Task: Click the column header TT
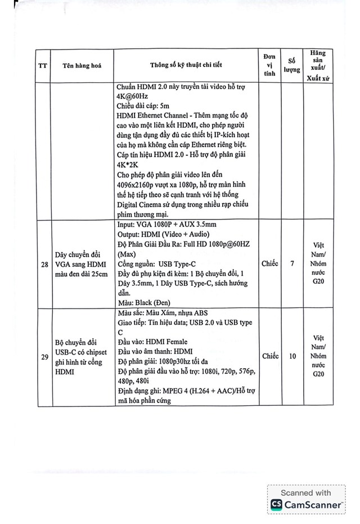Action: pyautogui.click(x=43, y=65)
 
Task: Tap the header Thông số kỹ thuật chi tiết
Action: pyautogui.click(x=186, y=65)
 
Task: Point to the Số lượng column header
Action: pyautogui.click(x=292, y=65)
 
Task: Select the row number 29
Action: pyautogui.click(x=43, y=356)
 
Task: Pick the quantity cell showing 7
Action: pyautogui.click(x=292, y=263)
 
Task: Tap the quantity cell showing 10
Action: pyautogui.click(x=292, y=356)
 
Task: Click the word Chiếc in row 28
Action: pyautogui.click(x=269, y=263)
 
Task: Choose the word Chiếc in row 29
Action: pyautogui.click(x=269, y=356)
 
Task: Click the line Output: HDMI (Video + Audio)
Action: pyautogui.click(x=163, y=234)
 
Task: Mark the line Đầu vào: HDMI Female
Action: pyautogui.click(x=152, y=342)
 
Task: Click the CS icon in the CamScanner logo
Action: pyautogui.click(x=276, y=504)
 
